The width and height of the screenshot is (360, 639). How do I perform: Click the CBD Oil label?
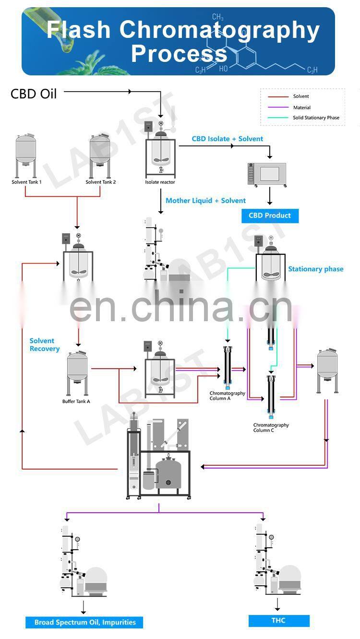point(34,93)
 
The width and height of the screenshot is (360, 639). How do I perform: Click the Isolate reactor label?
point(160,182)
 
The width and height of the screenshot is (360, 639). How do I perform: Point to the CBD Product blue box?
point(270,216)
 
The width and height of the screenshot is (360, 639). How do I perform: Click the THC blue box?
point(278,620)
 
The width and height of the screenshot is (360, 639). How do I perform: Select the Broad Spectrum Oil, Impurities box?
point(85,622)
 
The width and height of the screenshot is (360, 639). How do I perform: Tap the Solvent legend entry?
point(301,96)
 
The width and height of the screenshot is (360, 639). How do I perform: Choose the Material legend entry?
point(301,108)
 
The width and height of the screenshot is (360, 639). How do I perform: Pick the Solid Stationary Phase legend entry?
point(316,118)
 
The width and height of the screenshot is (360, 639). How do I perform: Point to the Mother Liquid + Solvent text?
point(205,201)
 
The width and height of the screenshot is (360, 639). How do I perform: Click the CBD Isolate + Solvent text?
point(228,139)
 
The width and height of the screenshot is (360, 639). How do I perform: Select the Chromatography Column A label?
point(227,396)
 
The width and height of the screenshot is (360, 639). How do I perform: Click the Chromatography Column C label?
point(271,427)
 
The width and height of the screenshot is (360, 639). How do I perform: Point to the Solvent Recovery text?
point(44,345)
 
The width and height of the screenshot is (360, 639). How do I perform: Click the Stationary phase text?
point(315,269)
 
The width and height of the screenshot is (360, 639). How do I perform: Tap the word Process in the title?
point(179,53)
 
